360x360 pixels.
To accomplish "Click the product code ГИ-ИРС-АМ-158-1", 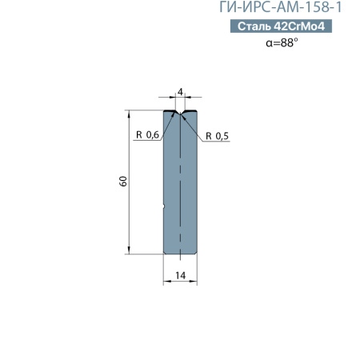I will [x=286, y=9].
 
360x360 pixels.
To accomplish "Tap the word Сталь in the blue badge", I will [x=254, y=27].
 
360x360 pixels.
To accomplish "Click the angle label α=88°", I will [x=281, y=43].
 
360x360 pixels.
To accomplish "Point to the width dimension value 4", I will [x=181, y=94].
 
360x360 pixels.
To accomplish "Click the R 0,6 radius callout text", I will [x=147, y=134].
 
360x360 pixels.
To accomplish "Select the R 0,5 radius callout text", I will [x=217, y=136].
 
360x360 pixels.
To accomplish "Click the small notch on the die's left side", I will [x=165, y=210].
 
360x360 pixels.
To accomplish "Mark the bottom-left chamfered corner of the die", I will [x=166, y=253].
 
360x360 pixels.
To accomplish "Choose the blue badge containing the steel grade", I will [x=280, y=27].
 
